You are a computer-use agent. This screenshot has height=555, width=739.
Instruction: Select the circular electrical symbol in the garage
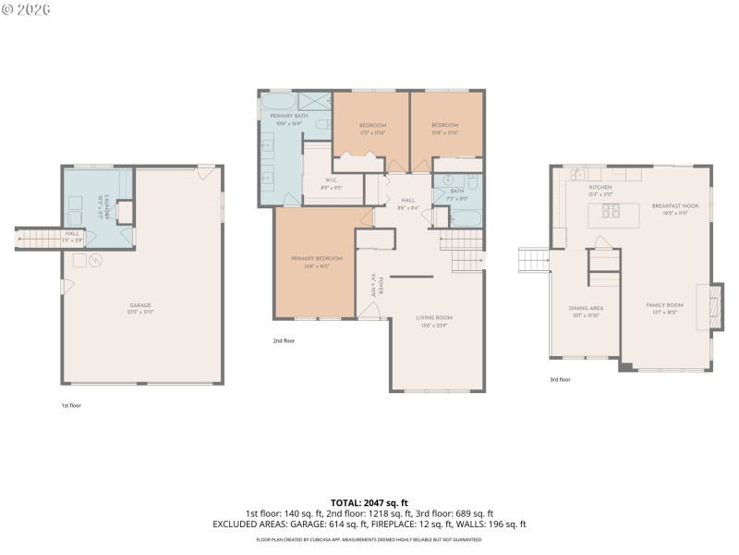93,261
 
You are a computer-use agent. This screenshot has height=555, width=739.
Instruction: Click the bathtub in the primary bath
280,102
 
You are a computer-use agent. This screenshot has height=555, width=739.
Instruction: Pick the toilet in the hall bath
470,180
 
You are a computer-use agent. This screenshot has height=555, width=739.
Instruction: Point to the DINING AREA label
586,311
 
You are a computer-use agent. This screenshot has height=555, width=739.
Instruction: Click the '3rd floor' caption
560,379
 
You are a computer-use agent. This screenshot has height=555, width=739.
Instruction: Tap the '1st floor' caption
70,405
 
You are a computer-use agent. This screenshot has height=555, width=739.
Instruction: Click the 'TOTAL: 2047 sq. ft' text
369,503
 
